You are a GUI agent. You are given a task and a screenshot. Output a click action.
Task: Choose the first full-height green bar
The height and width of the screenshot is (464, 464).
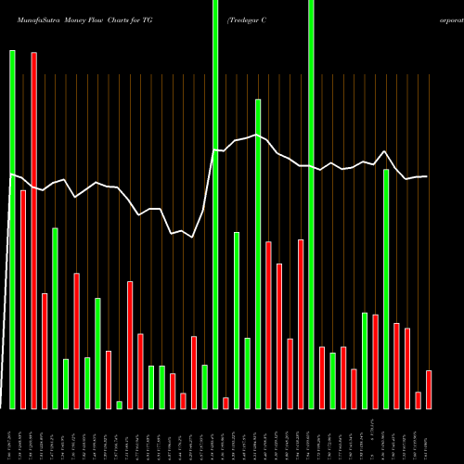[215, 204]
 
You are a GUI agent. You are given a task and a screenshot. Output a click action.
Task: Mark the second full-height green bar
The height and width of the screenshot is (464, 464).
[311, 204]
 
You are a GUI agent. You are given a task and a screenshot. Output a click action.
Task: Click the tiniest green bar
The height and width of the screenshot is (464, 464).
[119, 405]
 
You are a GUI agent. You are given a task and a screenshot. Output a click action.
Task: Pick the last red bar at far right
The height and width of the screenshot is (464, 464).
[429, 390]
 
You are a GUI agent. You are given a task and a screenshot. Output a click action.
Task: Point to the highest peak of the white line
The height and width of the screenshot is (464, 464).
[258, 134]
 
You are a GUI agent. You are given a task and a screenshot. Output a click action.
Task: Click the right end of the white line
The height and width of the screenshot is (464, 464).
[427, 176]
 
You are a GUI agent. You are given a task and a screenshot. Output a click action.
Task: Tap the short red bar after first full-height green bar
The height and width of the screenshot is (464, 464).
[226, 403]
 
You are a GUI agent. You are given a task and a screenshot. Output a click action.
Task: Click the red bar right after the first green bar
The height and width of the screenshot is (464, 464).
[23, 299]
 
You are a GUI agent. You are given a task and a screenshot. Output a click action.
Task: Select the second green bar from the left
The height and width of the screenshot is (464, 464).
[55, 318]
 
